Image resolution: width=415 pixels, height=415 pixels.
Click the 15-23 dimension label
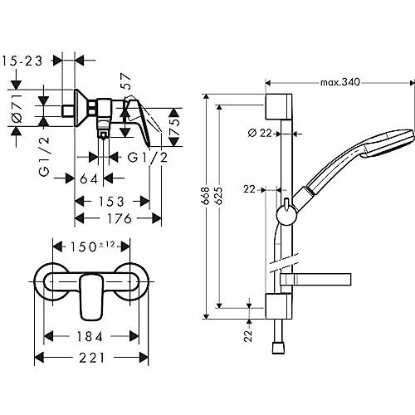[22, 61]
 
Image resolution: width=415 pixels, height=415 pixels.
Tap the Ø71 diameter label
[17, 108]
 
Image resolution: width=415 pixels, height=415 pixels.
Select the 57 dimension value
[125, 81]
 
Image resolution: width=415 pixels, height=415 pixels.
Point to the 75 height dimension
[174, 127]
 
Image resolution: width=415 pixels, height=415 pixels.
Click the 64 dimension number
[89, 179]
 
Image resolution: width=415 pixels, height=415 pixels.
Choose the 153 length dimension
[111, 202]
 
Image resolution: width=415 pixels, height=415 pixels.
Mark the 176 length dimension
[120, 218]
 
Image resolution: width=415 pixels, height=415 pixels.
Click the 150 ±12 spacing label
[92, 247]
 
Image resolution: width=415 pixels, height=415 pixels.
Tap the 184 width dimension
[90, 337]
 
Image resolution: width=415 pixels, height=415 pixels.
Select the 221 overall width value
[92, 358]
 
